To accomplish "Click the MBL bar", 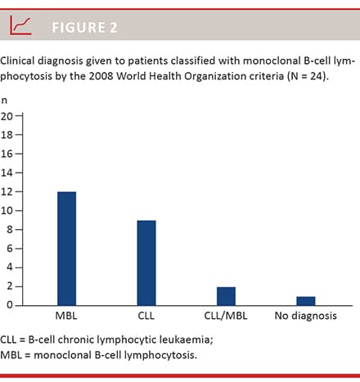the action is tap(67, 249).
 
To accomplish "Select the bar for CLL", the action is tap(146, 263).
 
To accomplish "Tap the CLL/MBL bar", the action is tap(226, 296).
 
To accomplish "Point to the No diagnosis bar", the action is tap(306, 301).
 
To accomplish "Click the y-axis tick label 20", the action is tap(7, 116).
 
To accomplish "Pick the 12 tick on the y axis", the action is tap(7, 192).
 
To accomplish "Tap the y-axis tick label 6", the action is tap(10, 249).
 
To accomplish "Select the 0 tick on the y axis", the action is tap(10, 305).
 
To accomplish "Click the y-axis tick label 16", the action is tap(7, 154).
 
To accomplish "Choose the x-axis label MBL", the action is tap(66, 316).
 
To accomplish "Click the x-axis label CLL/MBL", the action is tap(226, 316).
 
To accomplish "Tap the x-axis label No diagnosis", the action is tap(306, 316).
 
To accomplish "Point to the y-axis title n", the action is tap(4, 101).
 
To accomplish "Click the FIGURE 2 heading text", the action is tap(85, 28).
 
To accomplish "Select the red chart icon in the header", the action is tap(20, 25).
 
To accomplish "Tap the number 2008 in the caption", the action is tap(101, 76).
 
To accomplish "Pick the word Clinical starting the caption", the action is tap(17, 61).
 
